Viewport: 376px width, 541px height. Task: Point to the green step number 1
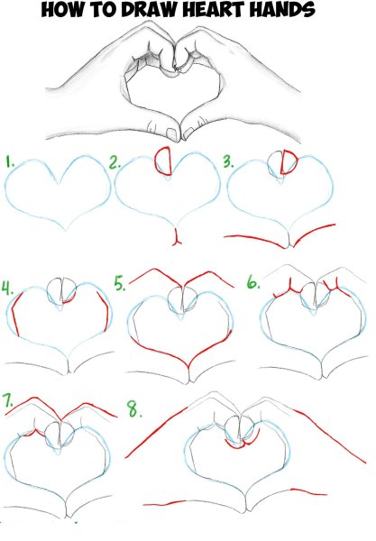[x=10, y=163]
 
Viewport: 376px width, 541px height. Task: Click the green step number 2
[x=115, y=163]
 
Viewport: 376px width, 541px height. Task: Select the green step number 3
[x=228, y=163]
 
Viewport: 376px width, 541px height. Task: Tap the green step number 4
[x=8, y=289]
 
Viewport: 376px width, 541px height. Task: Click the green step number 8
[x=133, y=409]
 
